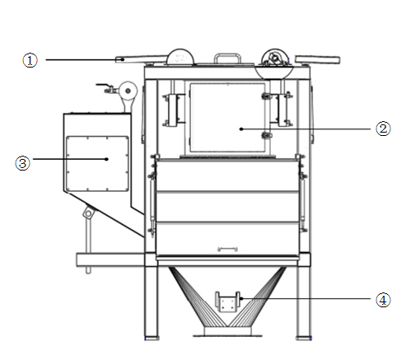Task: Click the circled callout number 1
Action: click(x=30, y=60)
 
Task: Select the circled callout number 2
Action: click(x=383, y=129)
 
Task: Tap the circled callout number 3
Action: click(x=22, y=163)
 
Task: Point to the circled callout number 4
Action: click(x=383, y=300)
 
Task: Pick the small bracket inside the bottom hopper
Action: click(x=227, y=302)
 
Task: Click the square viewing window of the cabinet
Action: click(x=227, y=118)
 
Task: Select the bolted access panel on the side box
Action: click(x=97, y=164)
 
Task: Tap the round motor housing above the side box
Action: click(x=128, y=91)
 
